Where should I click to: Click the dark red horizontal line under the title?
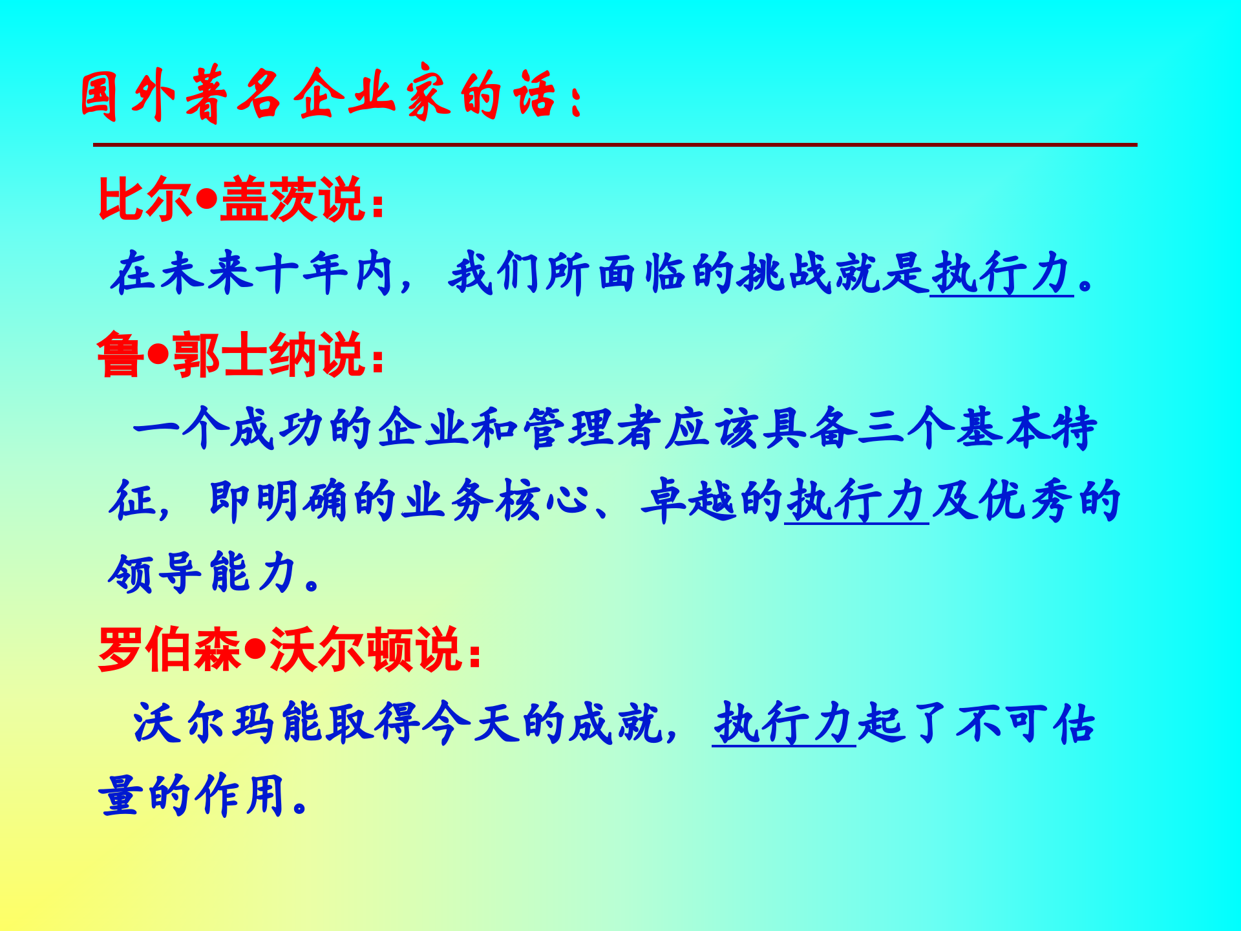tap(614, 145)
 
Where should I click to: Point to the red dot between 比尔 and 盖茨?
tap(206, 200)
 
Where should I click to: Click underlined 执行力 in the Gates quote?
tap(1001, 273)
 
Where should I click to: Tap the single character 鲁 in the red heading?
tap(120, 354)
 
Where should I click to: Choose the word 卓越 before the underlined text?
tap(688, 501)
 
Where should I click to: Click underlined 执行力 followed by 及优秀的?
tap(856, 501)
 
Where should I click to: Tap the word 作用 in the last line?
tap(242, 795)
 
